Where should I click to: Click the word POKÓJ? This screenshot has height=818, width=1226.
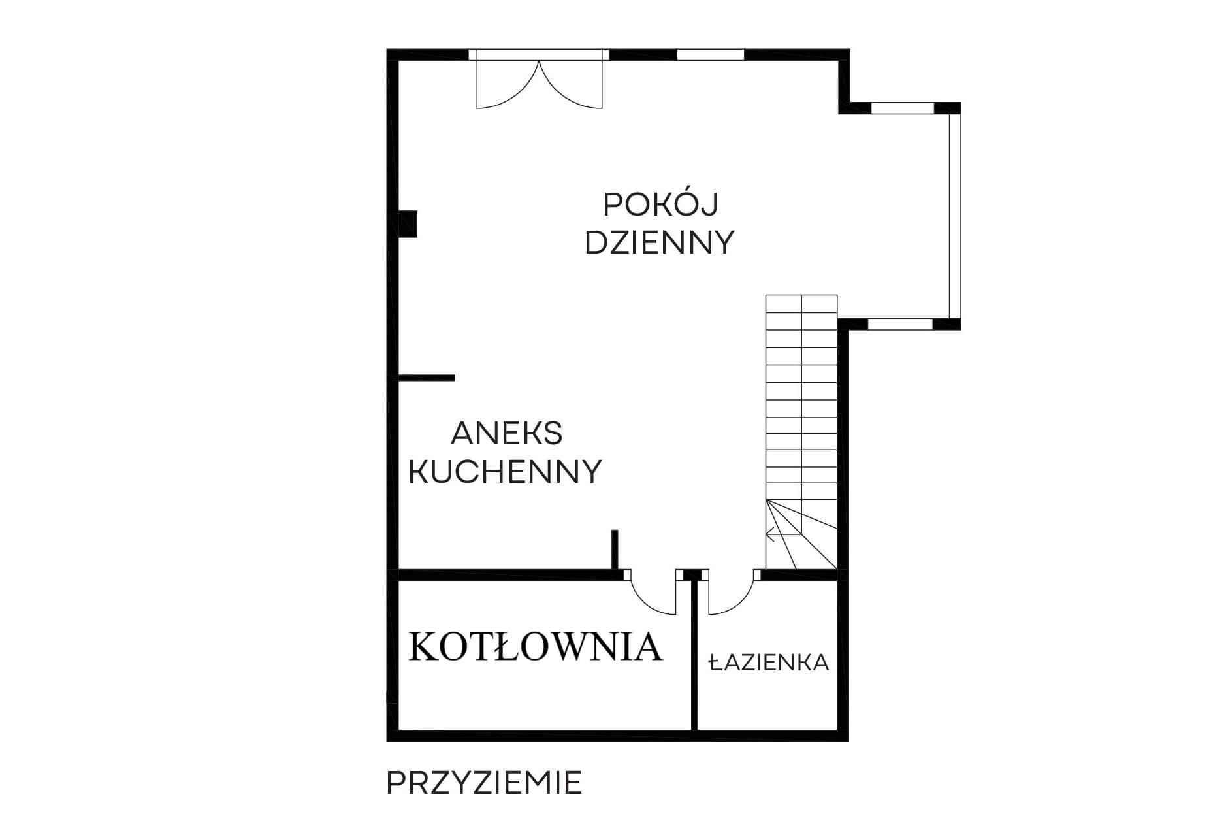tap(660, 204)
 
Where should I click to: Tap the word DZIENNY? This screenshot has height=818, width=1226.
tap(660, 242)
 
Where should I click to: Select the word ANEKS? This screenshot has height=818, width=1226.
tap(507, 433)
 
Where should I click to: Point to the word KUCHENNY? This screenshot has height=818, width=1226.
tap(505, 471)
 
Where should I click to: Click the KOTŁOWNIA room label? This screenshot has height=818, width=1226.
tap(536, 647)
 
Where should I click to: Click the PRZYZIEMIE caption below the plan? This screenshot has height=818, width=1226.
tap(484, 783)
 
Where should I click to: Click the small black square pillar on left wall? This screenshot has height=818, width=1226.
tap(408, 223)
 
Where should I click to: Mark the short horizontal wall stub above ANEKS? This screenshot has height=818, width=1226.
tap(427, 378)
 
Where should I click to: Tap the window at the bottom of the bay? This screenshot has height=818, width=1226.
tap(900, 323)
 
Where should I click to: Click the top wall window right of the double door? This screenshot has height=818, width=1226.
tap(710, 54)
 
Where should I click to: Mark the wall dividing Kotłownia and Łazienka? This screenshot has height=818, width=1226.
tap(695, 654)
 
